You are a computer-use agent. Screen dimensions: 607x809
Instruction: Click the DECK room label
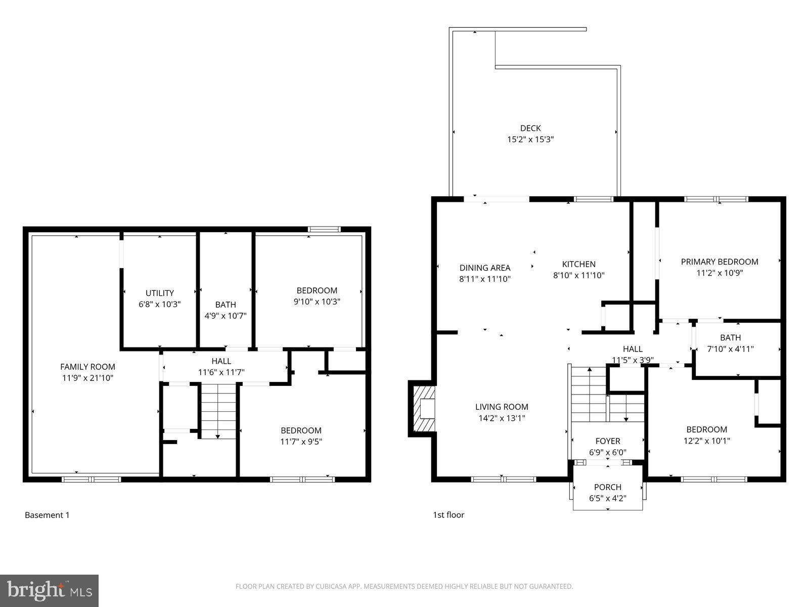(530, 128)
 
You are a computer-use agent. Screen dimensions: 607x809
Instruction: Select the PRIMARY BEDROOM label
(719, 262)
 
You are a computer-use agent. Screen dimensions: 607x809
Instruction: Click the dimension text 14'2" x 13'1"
(502, 418)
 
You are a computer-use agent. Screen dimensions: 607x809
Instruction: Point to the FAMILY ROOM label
(87, 367)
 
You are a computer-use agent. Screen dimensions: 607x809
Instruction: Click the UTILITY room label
(160, 293)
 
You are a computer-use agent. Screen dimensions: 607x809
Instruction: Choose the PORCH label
(607, 487)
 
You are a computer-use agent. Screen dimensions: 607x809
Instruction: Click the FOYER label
(607, 441)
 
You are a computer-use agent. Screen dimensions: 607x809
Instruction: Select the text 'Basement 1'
(47, 515)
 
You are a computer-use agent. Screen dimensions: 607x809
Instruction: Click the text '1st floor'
(448, 515)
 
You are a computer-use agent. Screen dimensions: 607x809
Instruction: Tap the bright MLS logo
(49, 590)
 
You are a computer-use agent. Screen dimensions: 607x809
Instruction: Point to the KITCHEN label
(578, 264)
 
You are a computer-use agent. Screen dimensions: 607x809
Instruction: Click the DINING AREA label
(485, 268)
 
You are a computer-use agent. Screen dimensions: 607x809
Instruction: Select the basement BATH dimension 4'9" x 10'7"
(225, 316)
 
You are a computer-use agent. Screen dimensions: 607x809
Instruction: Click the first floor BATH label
(730, 337)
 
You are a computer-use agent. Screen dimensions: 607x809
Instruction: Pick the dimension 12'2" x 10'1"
(706, 441)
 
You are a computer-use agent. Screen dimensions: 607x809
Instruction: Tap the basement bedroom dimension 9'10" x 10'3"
(317, 301)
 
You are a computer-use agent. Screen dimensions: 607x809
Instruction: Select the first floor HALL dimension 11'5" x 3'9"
(633, 360)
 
